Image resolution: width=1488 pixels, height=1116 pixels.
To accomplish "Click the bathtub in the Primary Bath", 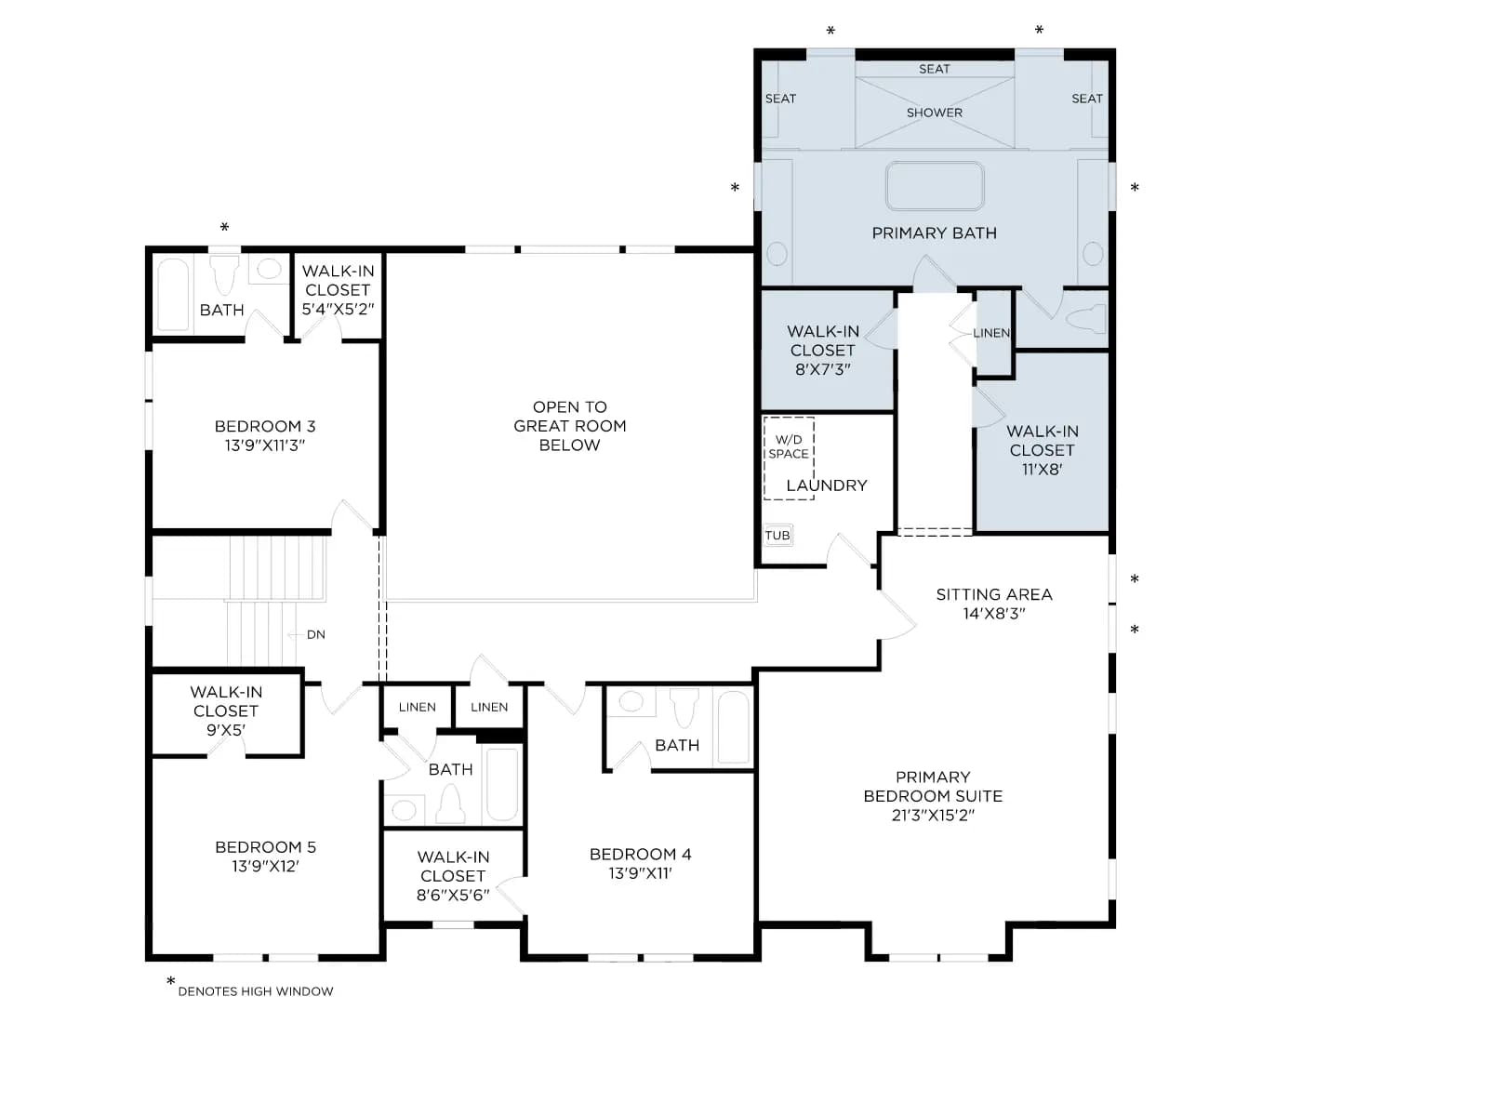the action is (x=934, y=186).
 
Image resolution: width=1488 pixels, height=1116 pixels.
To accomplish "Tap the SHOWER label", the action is (x=934, y=113).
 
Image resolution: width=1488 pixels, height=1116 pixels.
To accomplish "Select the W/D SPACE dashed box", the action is (x=789, y=458).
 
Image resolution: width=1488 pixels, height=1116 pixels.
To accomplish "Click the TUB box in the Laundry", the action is (x=777, y=535).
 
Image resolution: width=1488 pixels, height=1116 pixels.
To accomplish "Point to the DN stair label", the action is (x=315, y=634).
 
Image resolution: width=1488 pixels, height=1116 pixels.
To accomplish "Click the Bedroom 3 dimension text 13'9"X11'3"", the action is (x=264, y=445).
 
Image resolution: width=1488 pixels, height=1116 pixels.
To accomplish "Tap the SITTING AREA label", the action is (x=994, y=594).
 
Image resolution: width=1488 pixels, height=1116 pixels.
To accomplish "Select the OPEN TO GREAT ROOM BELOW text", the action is (x=569, y=426).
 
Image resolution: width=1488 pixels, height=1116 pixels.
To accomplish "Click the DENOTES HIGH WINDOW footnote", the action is (x=256, y=991).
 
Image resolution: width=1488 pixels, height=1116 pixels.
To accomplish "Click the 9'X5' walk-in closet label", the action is (x=226, y=730).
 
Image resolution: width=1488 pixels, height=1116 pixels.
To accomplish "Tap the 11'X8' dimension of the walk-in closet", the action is (x=1042, y=469).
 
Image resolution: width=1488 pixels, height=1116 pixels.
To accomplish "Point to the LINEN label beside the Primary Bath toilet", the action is (x=991, y=333).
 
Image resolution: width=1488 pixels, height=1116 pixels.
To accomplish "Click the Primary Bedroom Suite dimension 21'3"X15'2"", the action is (x=933, y=815).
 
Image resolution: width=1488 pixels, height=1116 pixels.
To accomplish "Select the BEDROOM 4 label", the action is (x=640, y=854).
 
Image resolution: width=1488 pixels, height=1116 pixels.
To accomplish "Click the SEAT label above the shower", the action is (x=934, y=69).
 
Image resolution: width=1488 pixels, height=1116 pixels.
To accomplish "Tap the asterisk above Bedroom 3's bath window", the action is (x=224, y=227).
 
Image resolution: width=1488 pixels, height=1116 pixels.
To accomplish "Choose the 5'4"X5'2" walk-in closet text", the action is (x=338, y=309).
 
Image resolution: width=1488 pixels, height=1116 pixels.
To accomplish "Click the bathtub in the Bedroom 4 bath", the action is (x=733, y=727).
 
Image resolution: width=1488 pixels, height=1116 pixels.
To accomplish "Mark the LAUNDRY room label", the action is (x=827, y=485).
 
